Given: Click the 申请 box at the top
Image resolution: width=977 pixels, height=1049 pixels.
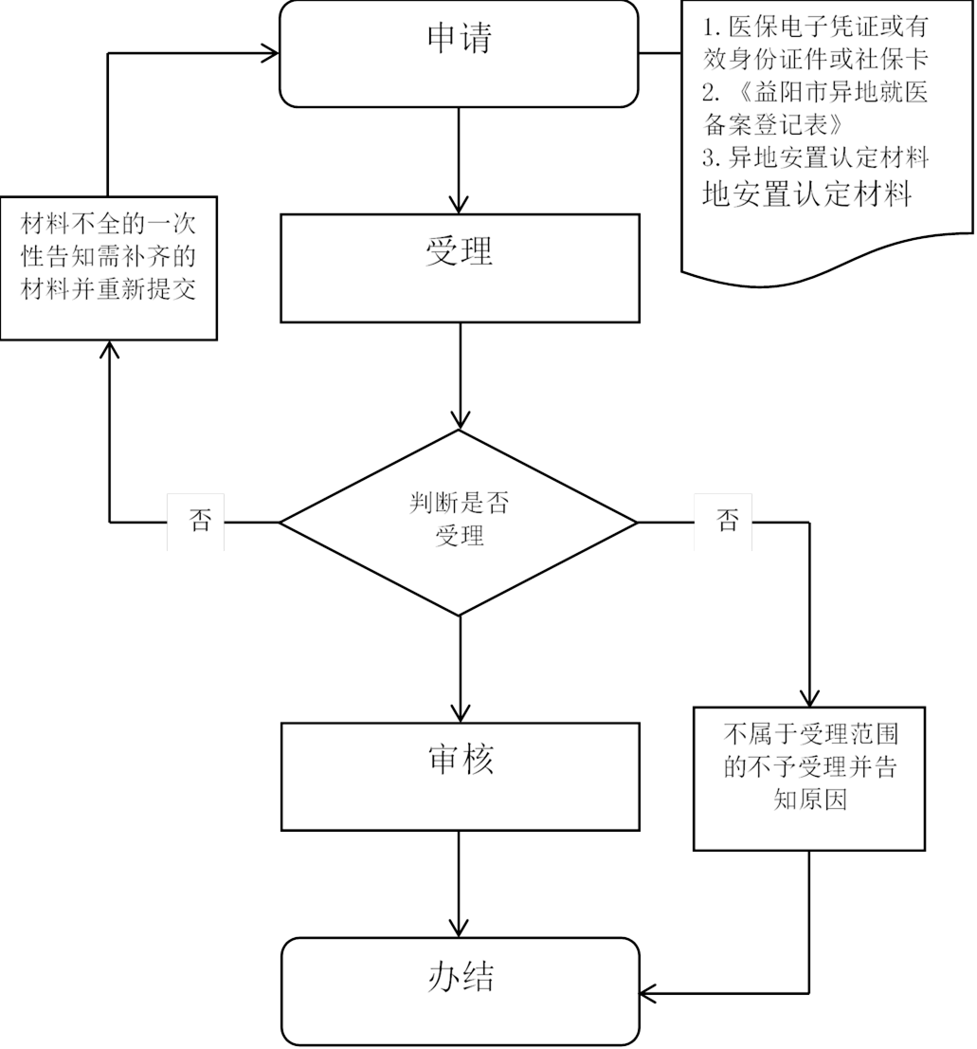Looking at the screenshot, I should pos(459,53).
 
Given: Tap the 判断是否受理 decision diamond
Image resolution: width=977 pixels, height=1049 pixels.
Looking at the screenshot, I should pos(459,521).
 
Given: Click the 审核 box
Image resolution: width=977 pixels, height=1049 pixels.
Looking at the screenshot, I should pos(459,776).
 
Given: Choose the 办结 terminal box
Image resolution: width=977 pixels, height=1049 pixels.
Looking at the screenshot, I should pos(459,990).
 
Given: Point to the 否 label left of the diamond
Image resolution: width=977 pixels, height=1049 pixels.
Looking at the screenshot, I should pos(196,522).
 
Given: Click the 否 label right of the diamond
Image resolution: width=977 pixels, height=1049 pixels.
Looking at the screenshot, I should pos(723,522).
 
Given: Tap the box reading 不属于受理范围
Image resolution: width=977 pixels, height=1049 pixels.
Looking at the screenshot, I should pos(808,779).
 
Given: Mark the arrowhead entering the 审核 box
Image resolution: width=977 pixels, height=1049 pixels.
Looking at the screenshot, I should pos(460,712).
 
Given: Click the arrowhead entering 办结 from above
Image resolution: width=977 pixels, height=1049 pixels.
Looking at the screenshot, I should pos(460,927).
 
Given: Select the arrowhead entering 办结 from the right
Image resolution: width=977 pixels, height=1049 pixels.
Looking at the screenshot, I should pos(650,992).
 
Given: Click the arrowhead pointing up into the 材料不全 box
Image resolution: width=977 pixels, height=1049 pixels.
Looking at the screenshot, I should pos(110,352).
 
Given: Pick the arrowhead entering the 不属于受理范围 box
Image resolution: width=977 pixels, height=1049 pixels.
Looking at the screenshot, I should pos(808,697).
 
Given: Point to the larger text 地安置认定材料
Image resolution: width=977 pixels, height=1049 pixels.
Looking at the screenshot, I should pos(806,193).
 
